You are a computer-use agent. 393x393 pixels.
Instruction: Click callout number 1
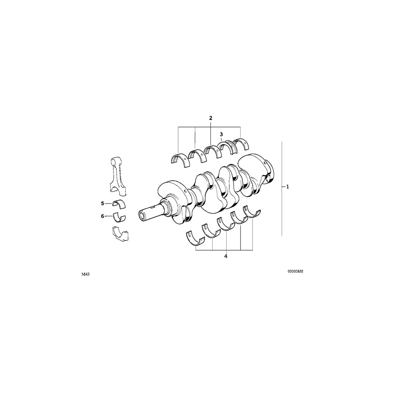[x=288, y=186]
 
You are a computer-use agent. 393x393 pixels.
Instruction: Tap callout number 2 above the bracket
[x=210, y=118]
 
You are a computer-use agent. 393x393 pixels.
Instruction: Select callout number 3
[x=221, y=134]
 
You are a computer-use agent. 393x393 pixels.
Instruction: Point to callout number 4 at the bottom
[x=226, y=256]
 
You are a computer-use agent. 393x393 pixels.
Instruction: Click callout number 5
[x=103, y=203]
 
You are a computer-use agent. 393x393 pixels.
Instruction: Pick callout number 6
[x=103, y=216]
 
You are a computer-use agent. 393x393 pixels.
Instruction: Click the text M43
[x=85, y=275]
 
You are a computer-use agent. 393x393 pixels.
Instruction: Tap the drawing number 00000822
[x=295, y=271]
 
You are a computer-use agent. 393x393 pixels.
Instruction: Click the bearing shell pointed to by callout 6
[x=118, y=217]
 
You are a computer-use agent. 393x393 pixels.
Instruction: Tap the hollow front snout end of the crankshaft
[x=143, y=216]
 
